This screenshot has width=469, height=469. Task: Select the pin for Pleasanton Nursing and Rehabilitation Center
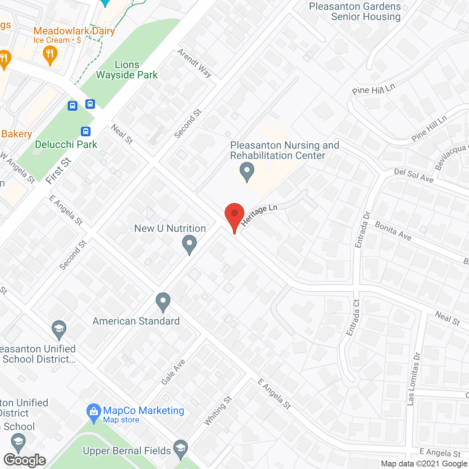247,171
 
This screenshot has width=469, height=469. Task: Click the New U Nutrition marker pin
189,244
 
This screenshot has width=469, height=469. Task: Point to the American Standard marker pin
163,302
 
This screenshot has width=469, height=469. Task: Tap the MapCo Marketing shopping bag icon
94,413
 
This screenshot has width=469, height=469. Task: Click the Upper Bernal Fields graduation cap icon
180,449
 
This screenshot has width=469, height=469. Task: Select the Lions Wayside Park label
127,70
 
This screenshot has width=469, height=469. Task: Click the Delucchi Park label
66,144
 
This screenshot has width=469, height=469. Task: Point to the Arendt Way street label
195,63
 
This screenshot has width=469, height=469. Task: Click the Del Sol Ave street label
414,176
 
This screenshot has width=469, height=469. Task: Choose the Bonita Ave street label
393,231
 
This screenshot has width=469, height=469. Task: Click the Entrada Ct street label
353,317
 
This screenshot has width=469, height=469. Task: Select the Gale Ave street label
173,372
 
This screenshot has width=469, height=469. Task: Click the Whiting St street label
218,411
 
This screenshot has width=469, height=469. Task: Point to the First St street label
59,171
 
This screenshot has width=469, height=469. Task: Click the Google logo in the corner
25,460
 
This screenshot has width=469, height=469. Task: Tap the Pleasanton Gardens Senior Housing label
355,12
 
